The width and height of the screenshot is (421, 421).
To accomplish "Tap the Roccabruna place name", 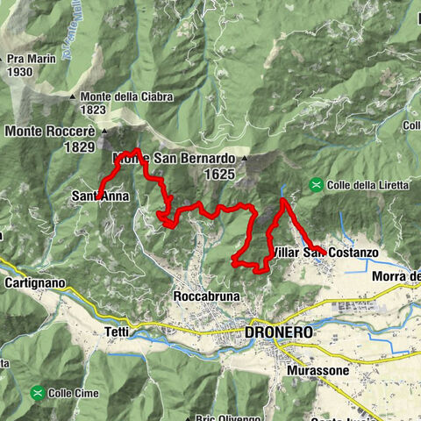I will point(206,296).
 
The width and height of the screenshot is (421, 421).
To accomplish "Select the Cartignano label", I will point(35,283).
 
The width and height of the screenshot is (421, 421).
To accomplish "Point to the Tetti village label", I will point(117,332).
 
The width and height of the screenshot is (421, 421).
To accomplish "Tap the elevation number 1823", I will point(93,111).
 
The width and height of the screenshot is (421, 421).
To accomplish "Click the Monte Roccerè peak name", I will point(51,132).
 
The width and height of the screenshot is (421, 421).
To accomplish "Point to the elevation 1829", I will point(78,147).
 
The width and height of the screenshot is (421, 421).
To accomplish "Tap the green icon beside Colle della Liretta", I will point(315,184).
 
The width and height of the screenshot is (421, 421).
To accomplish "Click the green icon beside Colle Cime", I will point(37,391).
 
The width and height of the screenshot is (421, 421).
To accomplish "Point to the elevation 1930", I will point(18,73).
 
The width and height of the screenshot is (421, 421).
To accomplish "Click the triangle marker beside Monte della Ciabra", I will point(74,96).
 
